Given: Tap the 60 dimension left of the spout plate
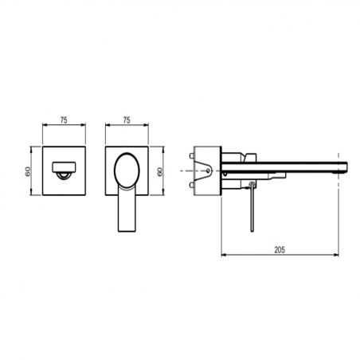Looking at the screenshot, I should tap(28, 170).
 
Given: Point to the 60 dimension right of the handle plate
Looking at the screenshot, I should tap(163, 170).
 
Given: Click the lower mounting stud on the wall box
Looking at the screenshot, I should tap(196, 188).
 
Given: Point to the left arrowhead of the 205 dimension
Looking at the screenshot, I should tap(222, 255).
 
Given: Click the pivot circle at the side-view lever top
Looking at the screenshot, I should tap(252, 186).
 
